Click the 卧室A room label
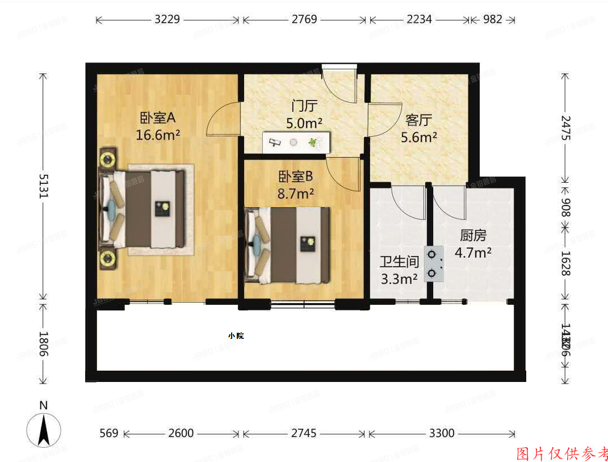coord(158,118)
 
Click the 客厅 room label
coord(419,120)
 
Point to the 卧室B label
coord(295,177)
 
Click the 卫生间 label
coord(399,262)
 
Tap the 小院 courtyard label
coord(236,335)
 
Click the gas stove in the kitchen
coord(434,264)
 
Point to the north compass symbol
coord(44,426)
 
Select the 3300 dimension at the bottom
coord(441,433)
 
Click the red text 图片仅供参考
coord(561,453)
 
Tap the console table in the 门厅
coord(296,142)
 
